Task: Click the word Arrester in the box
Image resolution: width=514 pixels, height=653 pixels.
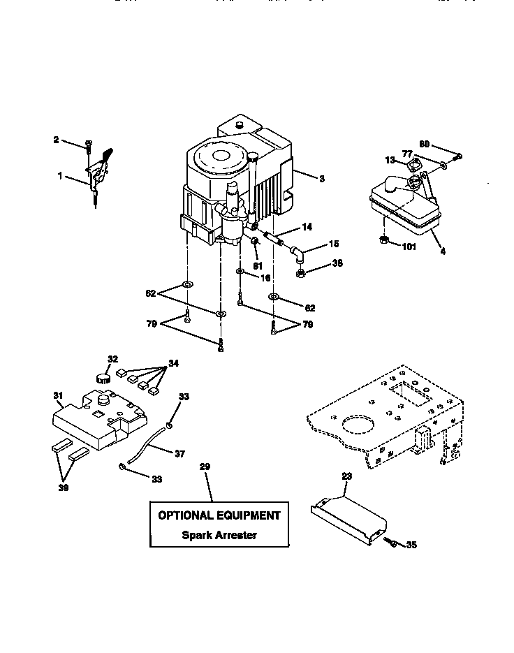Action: pyautogui.click(x=234, y=535)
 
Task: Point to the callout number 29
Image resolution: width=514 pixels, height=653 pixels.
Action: pyautogui.click(x=205, y=467)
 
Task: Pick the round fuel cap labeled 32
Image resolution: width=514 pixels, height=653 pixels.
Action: pyautogui.click(x=104, y=379)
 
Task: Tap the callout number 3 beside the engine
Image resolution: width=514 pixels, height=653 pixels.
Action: pyautogui.click(x=321, y=179)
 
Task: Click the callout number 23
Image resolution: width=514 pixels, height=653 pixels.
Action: pyautogui.click(x=347, y=476)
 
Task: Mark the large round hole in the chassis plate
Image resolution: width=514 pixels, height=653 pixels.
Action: pyautogui.click(x=356, y=427)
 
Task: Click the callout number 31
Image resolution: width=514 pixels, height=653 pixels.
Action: pyautogui.click(x=59, y=395)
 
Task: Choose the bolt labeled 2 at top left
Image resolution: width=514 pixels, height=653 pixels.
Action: pyautogui.click(x=89, y=144)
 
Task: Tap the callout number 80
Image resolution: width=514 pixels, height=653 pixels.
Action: pyautogui.click(x=424, y=145)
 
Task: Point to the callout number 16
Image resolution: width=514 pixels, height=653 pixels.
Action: pyautogui.click(x=265, y=277)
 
